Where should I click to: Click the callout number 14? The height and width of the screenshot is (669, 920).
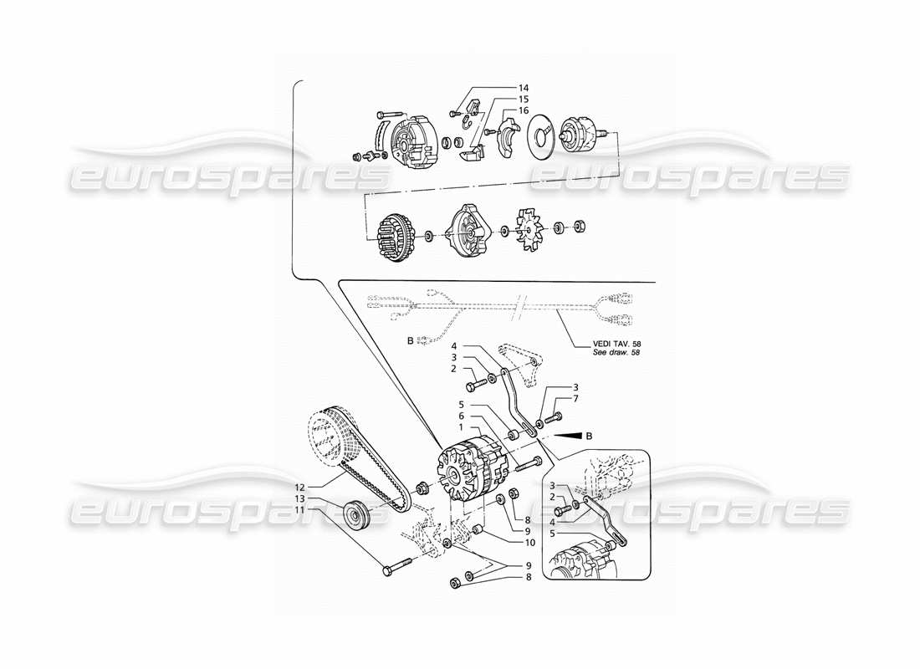[x=524, y=88]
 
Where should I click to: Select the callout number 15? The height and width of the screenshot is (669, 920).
[x=524, y=99]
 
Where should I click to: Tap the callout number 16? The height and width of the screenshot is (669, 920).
[x=524, y=110]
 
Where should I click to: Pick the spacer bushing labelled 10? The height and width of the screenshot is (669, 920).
[x=478, y=531]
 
